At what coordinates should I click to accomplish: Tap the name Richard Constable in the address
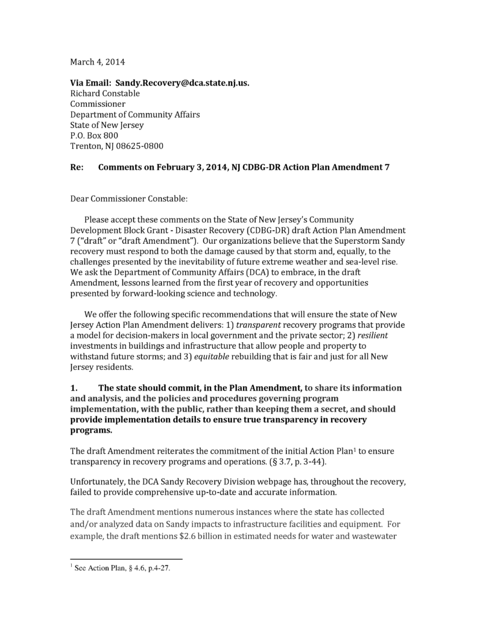coord(105,93)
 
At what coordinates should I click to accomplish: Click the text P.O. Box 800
coord(94,135)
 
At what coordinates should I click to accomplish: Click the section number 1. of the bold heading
coord(74,387)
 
